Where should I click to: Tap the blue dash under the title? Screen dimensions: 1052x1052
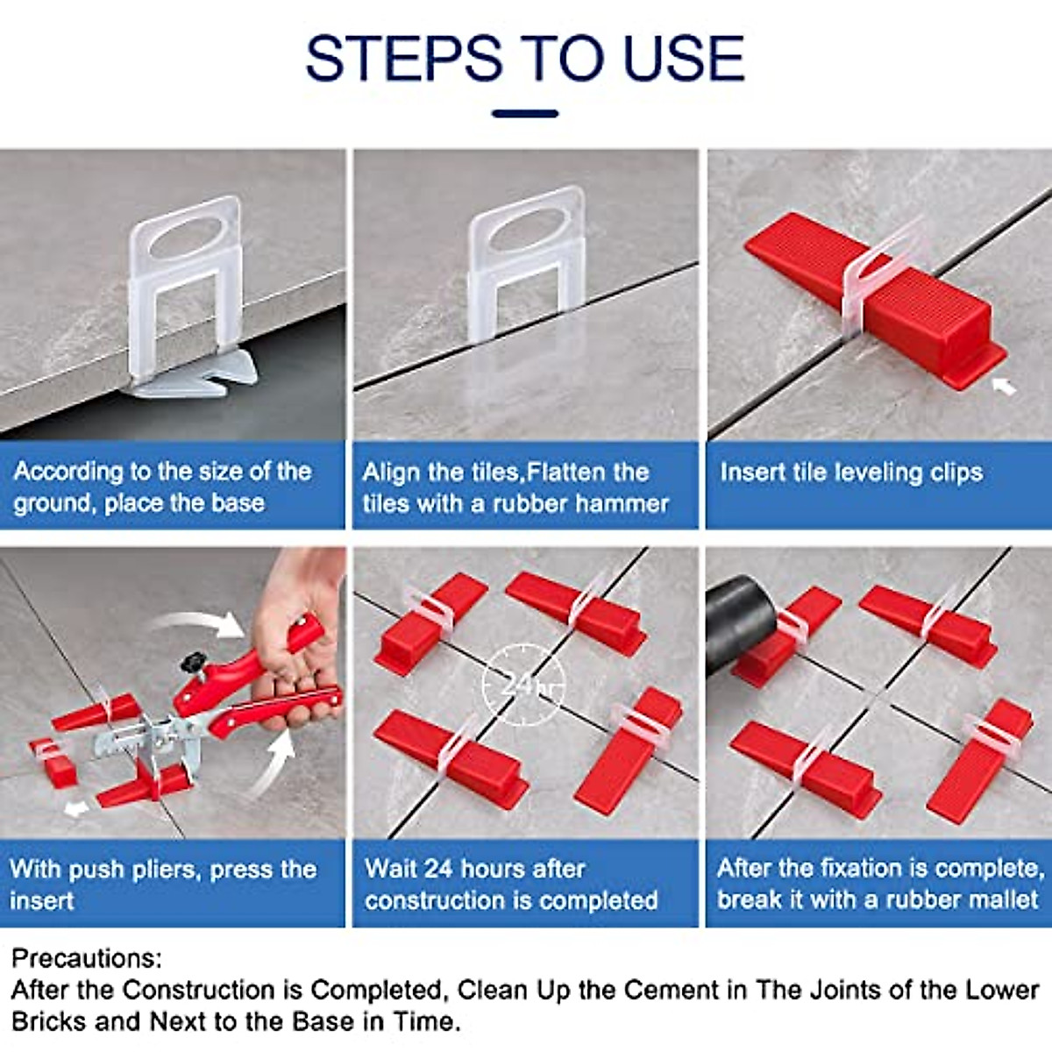click(525, 114)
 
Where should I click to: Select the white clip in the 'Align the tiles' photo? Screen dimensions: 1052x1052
click(523, 263)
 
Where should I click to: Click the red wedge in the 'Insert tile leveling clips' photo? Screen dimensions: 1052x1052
click(877, 298)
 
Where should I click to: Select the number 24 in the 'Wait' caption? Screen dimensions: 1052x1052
click(438, 869)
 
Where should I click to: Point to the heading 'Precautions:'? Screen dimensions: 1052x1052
click(87, 958)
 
